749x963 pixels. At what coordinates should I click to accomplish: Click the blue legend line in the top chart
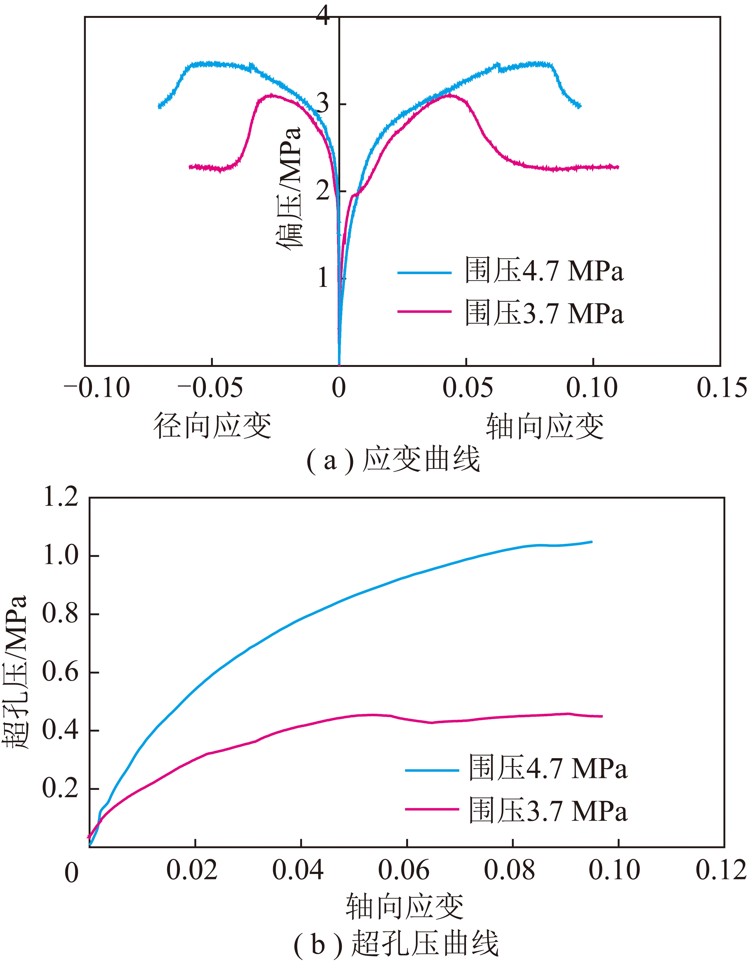tap(424, 272)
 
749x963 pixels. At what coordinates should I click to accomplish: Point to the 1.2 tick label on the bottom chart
tap(60, 497)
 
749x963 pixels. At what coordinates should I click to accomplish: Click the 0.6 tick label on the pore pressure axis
tap(60, 672)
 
